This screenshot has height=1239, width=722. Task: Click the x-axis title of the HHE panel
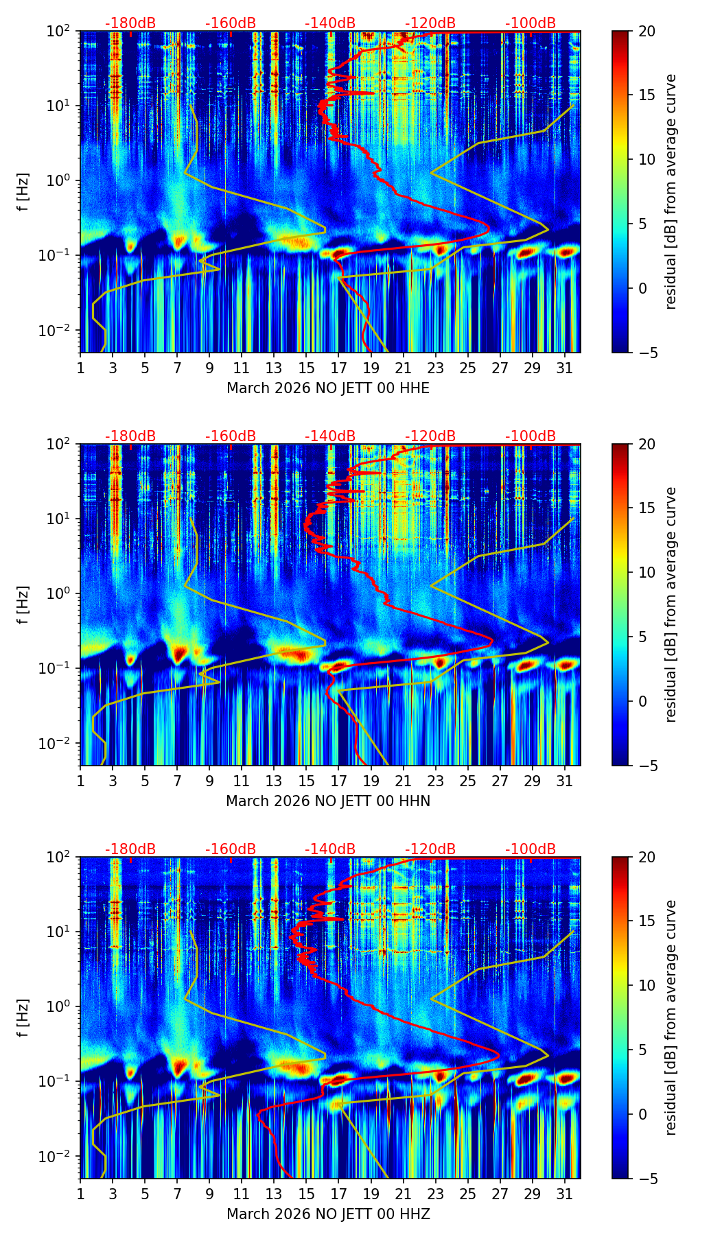tap(328, 388)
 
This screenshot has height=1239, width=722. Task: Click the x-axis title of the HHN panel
tap(328, 801)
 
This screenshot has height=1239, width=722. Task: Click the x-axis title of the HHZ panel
tap(328, 1214)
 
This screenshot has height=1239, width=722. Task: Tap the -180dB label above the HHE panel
tap(130, 23)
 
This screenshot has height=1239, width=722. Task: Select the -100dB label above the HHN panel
tap(531, 436)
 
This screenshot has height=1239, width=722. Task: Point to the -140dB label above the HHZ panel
tap(330, 849)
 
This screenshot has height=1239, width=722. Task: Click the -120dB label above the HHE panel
tap(430, 23)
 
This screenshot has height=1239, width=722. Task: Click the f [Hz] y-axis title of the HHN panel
tap(23, 604)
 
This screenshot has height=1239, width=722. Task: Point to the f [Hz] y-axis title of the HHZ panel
tap(23, 1017)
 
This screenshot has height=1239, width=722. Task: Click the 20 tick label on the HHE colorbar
tap(646, 31)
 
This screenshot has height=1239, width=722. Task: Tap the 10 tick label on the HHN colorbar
tap(646, 572)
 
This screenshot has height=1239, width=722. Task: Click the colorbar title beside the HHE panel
tap(671, 191)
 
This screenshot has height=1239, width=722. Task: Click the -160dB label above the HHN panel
tap(231, 436)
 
